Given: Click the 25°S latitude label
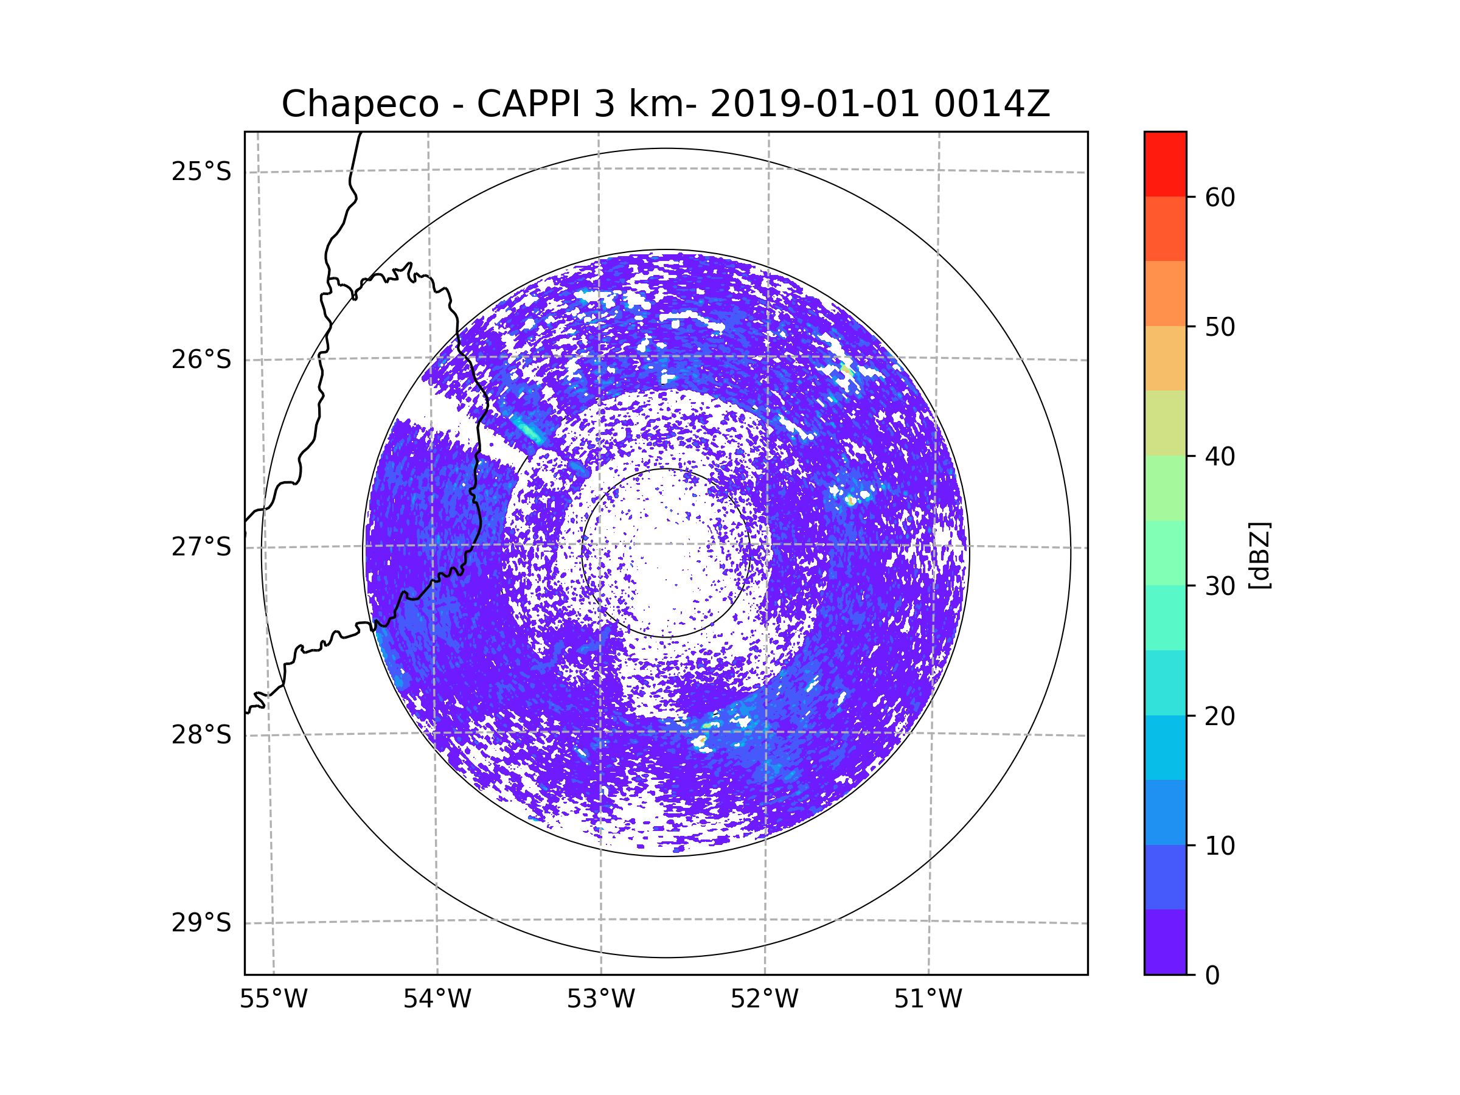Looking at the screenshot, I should (201, 172).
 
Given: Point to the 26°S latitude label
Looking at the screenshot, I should (201, 360).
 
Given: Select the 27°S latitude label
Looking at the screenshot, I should (201, 547).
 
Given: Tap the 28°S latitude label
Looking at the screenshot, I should (201, 735).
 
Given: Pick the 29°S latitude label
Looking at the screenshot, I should (201, 923).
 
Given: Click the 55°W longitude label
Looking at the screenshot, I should (273, 999).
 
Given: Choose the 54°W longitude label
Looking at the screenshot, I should (437, 999).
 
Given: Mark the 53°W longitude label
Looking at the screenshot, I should (600, 999).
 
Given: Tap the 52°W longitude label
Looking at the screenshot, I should (764, 999).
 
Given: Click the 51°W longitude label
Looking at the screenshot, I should (928, 999).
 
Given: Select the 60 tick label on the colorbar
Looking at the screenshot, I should (1220, 197).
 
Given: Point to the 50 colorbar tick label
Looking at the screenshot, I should (1220, 327).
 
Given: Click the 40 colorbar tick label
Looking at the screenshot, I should (1220, 456).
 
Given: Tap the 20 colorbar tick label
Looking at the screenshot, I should (1220, 715).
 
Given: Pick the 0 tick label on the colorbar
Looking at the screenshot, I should (1212, 975).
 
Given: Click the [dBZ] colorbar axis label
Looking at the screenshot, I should (1259, 555).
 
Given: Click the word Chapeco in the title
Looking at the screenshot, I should (360, 104).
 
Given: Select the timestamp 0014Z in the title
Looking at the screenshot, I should (992, 104).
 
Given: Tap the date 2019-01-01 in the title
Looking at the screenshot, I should (815, 104).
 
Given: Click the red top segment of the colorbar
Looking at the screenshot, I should (1165, 164).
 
